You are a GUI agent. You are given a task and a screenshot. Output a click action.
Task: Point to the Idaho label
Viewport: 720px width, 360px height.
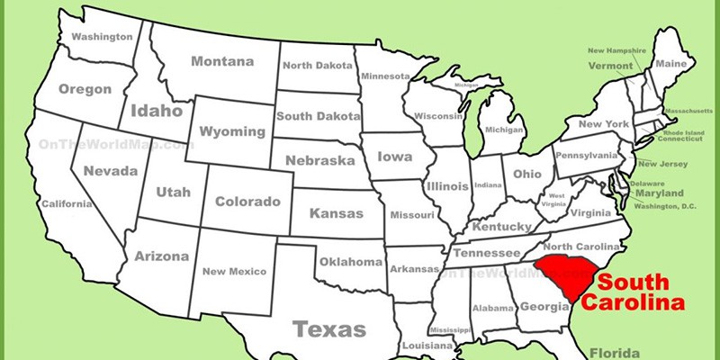click(157, 112)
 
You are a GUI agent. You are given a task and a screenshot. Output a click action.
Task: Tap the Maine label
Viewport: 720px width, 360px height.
click(670, 64)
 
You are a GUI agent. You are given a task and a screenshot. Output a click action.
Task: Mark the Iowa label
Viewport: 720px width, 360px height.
click(394, 156)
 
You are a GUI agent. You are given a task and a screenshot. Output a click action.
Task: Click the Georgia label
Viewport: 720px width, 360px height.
click(543, 306)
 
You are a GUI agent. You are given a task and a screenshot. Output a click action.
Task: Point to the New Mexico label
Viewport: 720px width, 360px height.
click(234, 271)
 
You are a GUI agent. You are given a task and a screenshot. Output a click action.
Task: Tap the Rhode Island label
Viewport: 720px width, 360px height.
click(680, 132)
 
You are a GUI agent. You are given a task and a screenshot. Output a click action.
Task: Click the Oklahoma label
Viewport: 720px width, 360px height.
click(350, 262)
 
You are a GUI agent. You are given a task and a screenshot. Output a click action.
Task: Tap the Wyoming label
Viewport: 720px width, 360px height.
click(231, 131)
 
